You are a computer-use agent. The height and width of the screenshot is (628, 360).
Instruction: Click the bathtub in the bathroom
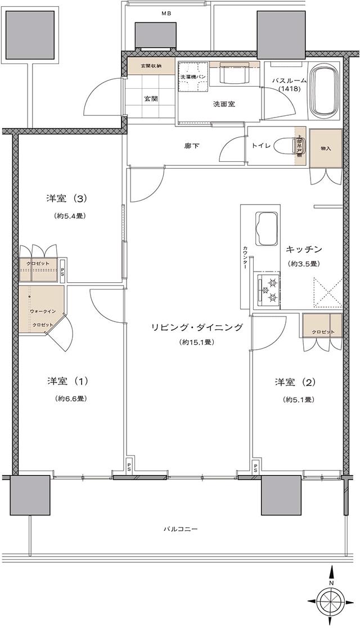324,91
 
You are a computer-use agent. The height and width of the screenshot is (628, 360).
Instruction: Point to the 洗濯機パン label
193,76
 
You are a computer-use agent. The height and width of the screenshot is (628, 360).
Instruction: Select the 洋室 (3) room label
66,198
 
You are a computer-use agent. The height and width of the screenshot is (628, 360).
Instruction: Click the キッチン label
303,249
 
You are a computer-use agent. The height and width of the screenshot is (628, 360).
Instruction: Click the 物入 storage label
326,148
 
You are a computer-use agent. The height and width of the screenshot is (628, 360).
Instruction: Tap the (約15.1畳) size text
196,342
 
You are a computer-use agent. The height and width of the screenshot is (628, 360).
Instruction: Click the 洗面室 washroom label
223,104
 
